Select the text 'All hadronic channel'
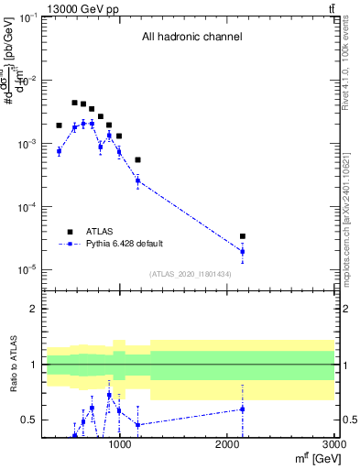click(191, 38)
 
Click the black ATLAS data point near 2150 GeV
click(243, 236)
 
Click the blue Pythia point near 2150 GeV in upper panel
click(243, 251)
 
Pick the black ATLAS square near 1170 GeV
click(137, 160)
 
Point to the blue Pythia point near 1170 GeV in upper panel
click(137, 180)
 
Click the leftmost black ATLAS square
click(59, 125)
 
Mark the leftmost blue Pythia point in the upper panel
click(59, 151)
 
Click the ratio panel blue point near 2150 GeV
click(243, 409)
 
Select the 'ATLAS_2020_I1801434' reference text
click(191, 274)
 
